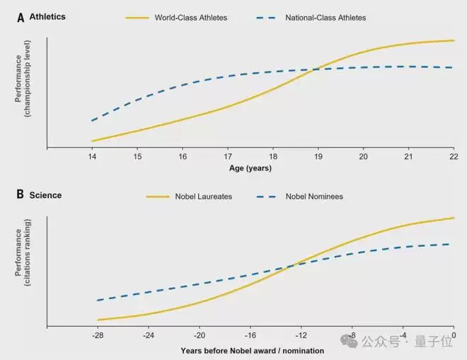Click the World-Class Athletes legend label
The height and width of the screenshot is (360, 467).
pyautogui.click(x=191, y=17)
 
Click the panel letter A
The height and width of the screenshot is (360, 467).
pyautogui.click(x=21, y=17)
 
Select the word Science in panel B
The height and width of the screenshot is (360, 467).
pyautogui.click(x=45, y=195)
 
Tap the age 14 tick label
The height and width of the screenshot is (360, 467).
pyautogui.click(x=92, y=156)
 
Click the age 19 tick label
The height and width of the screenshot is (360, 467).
pyautogui.click(x=318, y=156)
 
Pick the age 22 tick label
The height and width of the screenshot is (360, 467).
pyautogui.click(x=454, y=156)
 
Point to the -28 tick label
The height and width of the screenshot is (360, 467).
pyautogui.click(x=98, y=335)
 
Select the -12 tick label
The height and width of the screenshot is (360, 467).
pyautogui.click(x=301, y=335)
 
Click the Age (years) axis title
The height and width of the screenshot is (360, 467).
pyautogui.click(x=250, y=168)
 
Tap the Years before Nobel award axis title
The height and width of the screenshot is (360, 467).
pyautogui.click(x=252, y=350)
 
